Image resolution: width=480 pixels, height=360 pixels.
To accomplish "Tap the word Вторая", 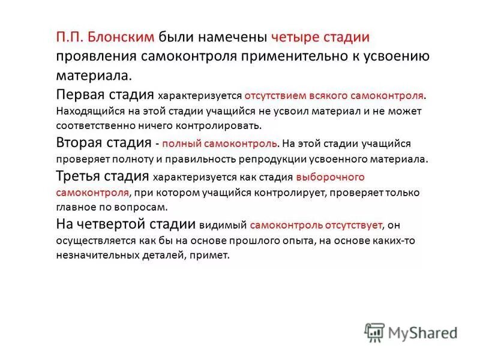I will pyautogui.click(x=79, y=143).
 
